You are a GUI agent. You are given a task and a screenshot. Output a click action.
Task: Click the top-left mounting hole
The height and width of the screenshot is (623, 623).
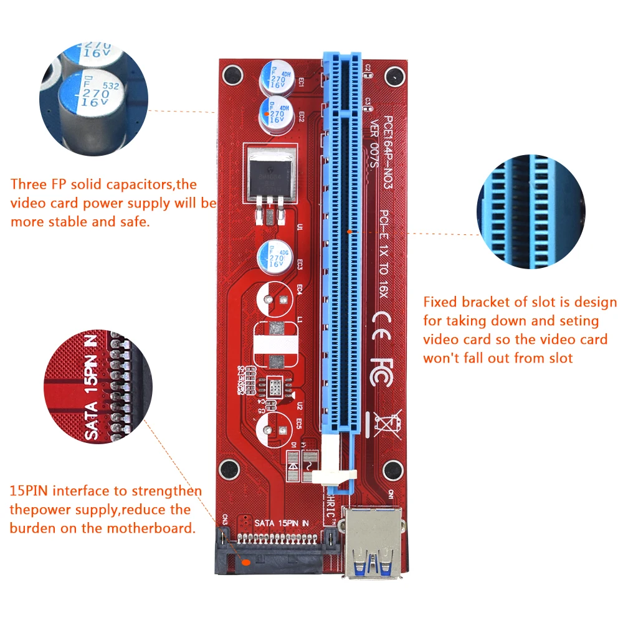[231, 75]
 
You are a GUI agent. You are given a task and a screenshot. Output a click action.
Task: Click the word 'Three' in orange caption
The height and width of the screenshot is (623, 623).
[27, 185]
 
